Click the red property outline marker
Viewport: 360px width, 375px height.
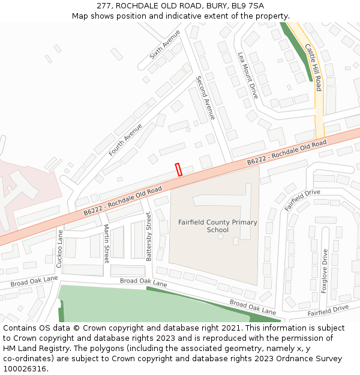coord(178,169)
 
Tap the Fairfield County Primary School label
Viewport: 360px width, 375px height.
coord(217,226)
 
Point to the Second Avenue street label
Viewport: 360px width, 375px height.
coord(205,98)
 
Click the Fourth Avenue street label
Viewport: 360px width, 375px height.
coord(125,140)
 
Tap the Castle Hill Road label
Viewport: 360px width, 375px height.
coord(314,67)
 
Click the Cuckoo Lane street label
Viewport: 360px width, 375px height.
coord(59,248)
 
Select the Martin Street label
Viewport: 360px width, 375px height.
coord(106,243)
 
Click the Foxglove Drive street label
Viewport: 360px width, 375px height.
coord(325,271)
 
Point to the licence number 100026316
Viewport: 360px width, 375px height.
coord(25,368)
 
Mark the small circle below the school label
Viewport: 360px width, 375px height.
coord(220,236)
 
